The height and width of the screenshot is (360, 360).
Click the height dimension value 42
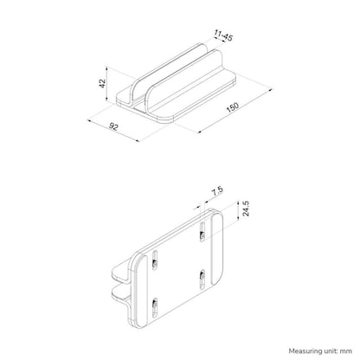(102, 83)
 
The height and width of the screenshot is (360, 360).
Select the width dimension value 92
(112, 129)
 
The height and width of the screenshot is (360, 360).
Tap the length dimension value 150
(233, 110)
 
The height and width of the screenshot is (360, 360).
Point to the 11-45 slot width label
(222, 36)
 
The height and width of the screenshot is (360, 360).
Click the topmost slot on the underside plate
(202, 228)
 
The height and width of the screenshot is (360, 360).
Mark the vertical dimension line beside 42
(109, 83)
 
